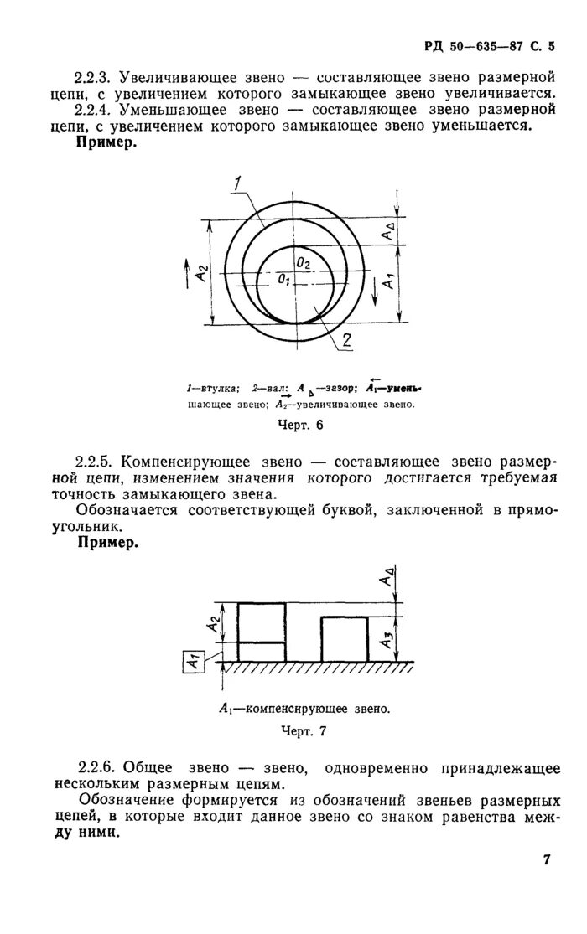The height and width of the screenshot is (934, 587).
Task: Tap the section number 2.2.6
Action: (x=99, y=767)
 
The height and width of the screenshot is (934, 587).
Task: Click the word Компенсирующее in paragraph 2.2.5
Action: (x=182, y=462)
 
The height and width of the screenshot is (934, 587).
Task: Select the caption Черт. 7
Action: (x=301, y=731)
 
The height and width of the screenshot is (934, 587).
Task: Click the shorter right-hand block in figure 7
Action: (x=345, y=639)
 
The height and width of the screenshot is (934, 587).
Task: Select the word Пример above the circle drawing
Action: (x=108, y=143)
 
